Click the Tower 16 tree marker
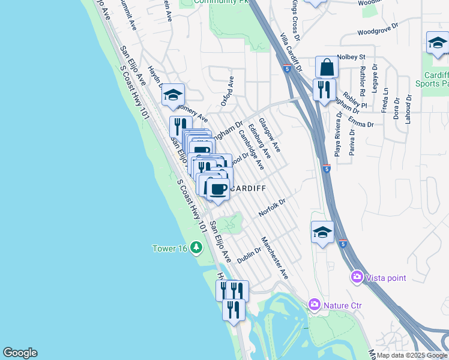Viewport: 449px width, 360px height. pyautogui.click(x=196, y=247)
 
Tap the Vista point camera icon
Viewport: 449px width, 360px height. pyautogui.click(x=357, y=277)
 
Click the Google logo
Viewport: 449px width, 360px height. pyautogui.click(x=20, y=353)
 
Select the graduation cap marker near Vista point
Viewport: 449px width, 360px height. pyautogui.click(x=322, y=232)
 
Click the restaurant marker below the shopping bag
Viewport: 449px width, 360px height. pyautogui.click(x=324, y=91)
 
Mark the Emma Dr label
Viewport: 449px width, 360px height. pyautogui.click(x=361, y=124)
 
